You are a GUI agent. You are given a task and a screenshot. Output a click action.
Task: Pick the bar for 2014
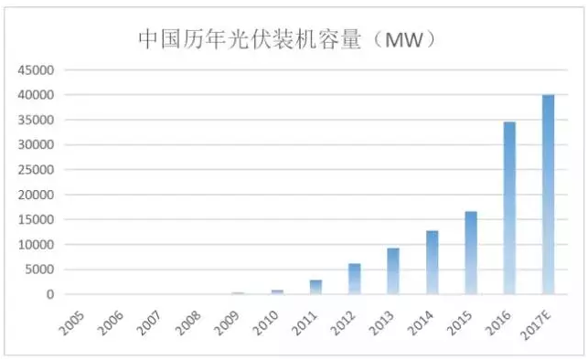pyautogui.click(x=432, y=262)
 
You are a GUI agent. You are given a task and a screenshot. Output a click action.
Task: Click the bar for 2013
pyautogui.click(x=393, y=271)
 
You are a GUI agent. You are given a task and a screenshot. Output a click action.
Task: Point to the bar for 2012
pyautogui.click(x=354, y=279)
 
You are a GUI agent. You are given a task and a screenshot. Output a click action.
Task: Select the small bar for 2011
pyautogui.click(x=315, y=287)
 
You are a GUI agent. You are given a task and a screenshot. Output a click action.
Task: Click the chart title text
pyautogui.click(x=283, y=38)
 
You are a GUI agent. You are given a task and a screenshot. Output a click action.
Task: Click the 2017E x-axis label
pyautogui.click(x=543, y=320)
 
